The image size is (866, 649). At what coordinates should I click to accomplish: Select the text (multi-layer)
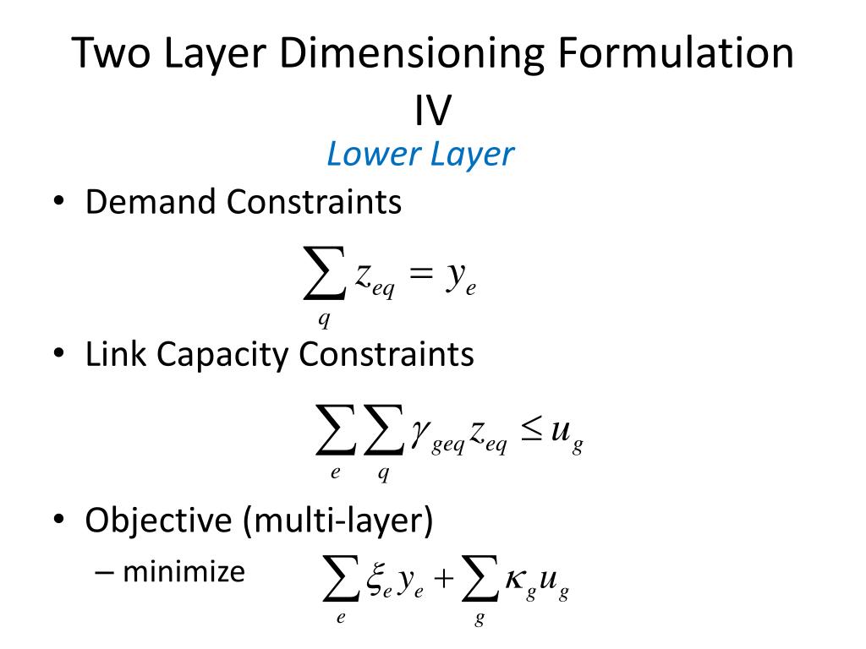[x=339, y=521]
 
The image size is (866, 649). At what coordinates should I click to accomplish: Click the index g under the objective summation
[x=480, y=619]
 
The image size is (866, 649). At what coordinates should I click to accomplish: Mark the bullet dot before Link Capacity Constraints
[x=59, y=356]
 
